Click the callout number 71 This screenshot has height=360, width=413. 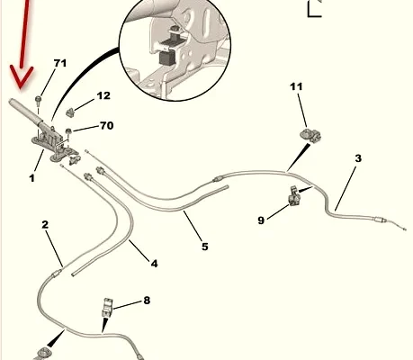tap(60, 63)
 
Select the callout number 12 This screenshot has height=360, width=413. tap(103, 95)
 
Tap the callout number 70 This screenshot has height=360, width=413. tap(106, 125)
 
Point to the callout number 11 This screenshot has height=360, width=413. tap(296, 86)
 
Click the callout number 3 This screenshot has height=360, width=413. tap(358, 158)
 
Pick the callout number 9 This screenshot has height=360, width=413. tap(261, 220)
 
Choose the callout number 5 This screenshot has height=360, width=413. tap(204, 247)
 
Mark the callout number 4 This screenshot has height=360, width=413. tap(154, 264)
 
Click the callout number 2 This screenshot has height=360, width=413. tap(45, 224)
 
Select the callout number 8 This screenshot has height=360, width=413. tap(147, 300)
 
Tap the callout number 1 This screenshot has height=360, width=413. tap(31, 178)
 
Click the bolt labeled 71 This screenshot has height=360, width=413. tap(39, 100)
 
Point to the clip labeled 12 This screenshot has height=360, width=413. tap(70, 112)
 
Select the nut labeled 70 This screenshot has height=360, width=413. tap(68, 130)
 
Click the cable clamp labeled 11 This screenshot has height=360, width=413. tap(310, 136)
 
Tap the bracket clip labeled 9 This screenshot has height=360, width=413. tap(293, 196)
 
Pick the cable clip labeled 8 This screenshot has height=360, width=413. tap(107, 307)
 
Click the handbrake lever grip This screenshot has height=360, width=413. tap(25, 112)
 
